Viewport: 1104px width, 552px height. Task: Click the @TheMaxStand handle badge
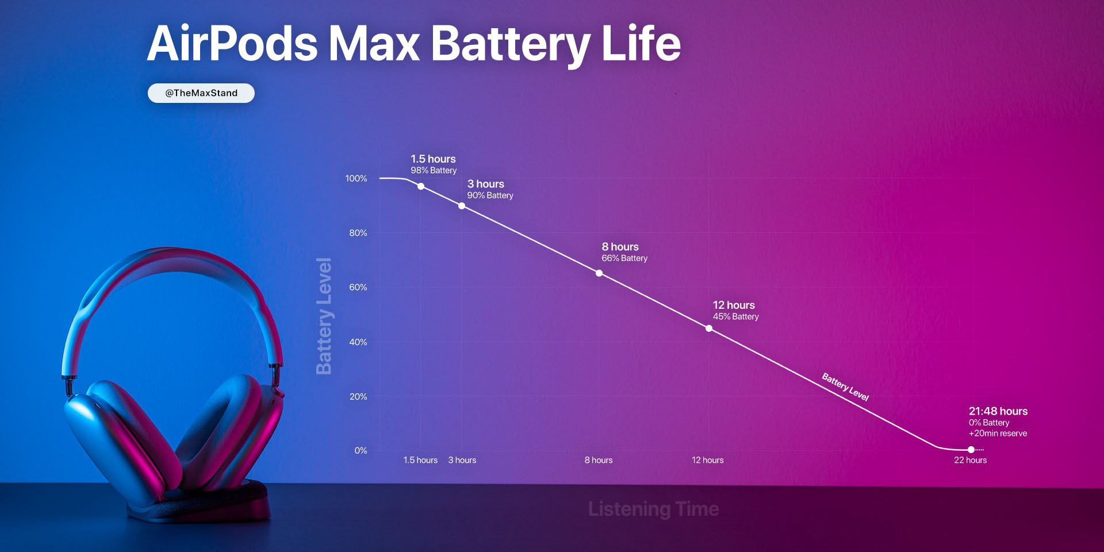201,93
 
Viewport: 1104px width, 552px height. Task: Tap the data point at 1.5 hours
421,186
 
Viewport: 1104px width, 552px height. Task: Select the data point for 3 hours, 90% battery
462,206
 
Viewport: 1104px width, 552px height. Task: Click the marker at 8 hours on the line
599,273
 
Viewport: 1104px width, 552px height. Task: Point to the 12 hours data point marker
709,328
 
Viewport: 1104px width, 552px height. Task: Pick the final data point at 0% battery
971,450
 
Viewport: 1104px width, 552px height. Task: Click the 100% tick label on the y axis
356,179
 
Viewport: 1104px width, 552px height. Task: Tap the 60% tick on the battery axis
358,287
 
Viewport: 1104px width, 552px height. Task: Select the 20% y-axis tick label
358,397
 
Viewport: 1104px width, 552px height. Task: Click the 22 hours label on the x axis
970,460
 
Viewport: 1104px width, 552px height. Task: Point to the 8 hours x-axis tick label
599,460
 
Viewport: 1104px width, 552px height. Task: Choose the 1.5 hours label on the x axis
420,460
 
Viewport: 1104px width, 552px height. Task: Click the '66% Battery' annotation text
624,259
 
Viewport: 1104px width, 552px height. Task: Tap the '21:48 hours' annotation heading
998,411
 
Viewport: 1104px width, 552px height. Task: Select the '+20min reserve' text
998,434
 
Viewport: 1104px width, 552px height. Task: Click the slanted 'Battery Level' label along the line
845,387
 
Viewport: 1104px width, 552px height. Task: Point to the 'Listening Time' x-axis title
653,509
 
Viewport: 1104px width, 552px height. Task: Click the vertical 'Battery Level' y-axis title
324,316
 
